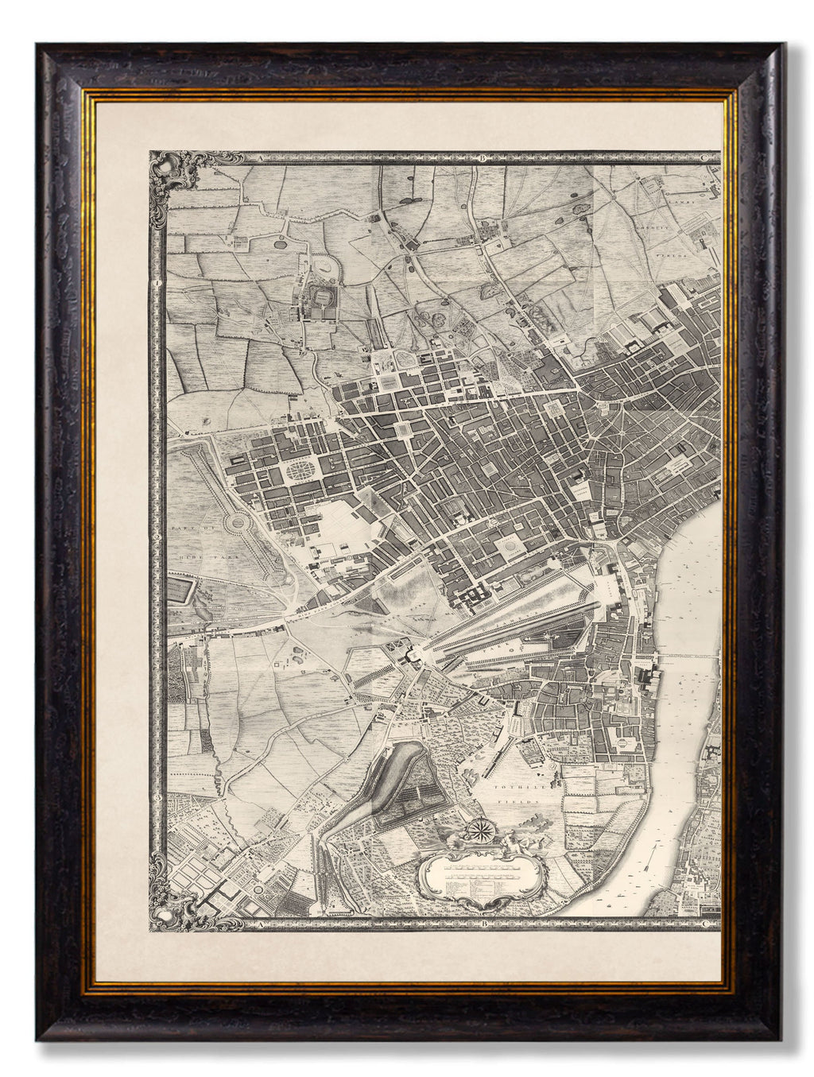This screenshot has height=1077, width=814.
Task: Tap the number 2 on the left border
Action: click(x=161, y=539)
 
